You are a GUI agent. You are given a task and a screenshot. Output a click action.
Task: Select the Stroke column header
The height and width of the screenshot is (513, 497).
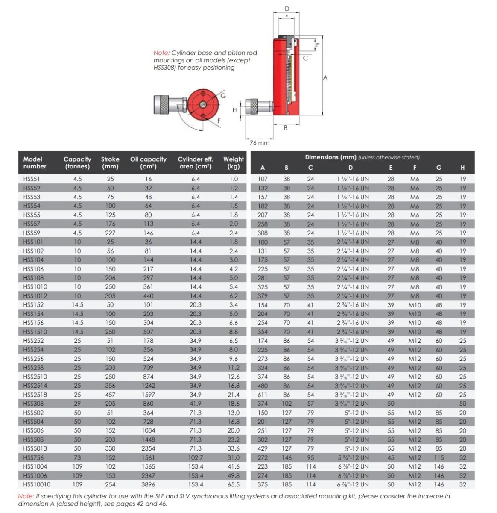pos(110,162)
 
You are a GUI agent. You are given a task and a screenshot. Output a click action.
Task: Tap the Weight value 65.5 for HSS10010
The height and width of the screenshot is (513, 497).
pos(234,484)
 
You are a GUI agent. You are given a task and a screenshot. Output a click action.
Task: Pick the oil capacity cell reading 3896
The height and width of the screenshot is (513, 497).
pos(148,484)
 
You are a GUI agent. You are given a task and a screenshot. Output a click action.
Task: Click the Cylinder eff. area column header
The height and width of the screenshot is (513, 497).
pos(195,162)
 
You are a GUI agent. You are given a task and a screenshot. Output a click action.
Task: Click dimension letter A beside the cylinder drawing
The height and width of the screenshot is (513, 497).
pos(325,78)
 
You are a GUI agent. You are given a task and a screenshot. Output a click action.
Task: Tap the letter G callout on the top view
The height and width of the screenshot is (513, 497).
pos(223,96)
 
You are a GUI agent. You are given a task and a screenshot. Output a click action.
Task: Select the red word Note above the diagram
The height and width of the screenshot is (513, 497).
pos(161,53)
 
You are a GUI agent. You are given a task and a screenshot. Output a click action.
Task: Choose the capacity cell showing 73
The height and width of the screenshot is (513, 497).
pos(77,457)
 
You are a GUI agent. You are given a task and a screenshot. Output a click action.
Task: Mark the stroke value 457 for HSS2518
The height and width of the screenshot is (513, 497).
pos(110,395)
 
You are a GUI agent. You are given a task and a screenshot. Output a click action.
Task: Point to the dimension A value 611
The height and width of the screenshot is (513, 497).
pos(263,395)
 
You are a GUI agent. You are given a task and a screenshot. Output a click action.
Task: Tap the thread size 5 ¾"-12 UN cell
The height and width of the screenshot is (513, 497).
pos(353,457)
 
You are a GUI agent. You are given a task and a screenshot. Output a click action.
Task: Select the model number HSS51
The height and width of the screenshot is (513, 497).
pos(31,179)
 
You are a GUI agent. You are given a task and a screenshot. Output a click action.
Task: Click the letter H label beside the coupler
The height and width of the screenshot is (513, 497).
pos(234,110)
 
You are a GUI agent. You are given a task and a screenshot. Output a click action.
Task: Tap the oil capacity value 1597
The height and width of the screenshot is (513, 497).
pos(148,395)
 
